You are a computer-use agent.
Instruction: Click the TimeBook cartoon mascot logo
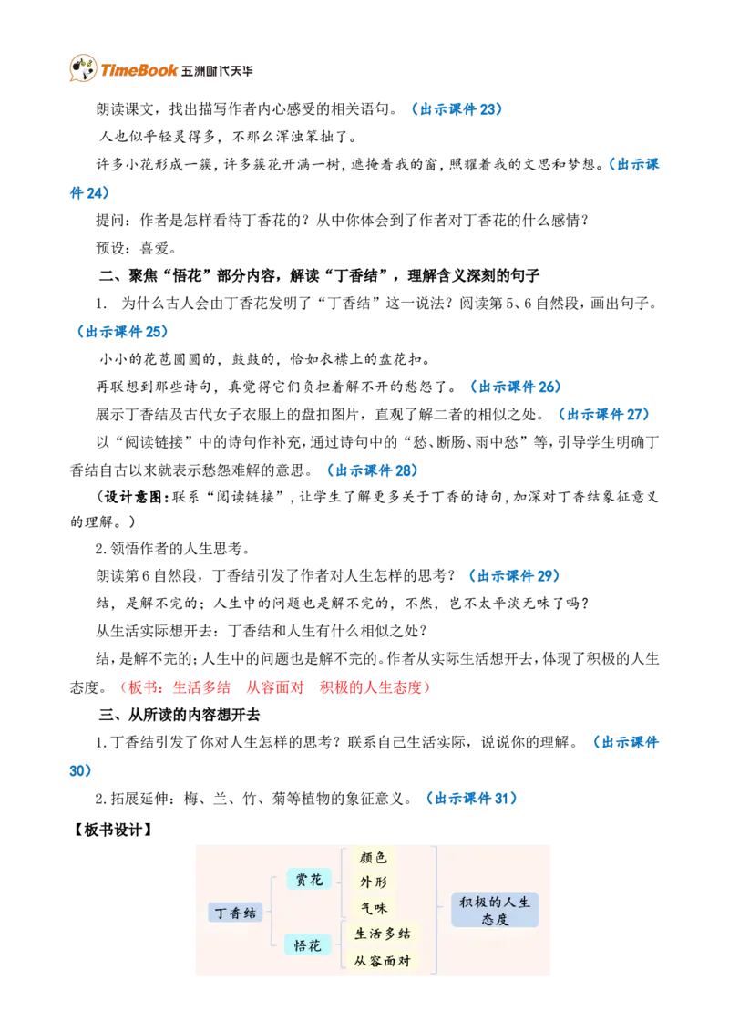83,67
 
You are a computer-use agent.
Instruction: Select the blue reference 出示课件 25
123,332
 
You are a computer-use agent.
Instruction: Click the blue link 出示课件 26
516,387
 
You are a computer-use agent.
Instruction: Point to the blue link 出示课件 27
604,415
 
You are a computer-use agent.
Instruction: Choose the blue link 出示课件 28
373,470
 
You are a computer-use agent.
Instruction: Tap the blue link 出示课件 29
515,576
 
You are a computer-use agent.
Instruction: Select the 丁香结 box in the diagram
235,913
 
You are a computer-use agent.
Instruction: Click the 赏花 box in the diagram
309,880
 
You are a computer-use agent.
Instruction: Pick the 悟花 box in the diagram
307,945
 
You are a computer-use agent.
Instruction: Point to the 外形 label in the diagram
373,882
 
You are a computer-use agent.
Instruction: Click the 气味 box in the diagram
374,908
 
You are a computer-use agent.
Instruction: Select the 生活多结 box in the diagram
382,934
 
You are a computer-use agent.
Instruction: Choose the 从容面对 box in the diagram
382,960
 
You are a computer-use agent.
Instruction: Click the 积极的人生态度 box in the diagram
495,910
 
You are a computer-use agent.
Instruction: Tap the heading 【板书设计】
113,830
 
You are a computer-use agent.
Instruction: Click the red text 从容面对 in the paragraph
275,687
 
